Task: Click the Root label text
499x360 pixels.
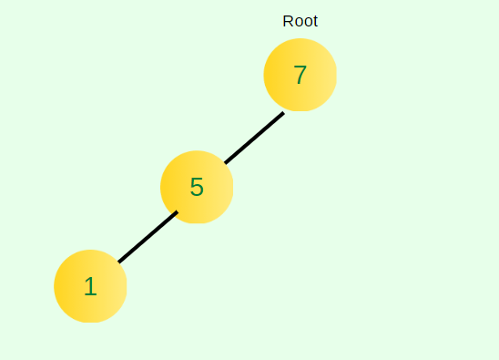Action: [300, 21]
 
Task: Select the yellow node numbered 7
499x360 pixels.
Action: [300, 75]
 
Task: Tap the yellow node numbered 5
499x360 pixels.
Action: [197, 187]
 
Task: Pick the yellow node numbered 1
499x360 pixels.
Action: [90, 286]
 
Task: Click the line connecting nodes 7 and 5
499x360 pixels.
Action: [254, 138]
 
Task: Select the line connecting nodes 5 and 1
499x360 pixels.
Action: [148, 237]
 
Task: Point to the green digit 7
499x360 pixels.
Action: [300, 75]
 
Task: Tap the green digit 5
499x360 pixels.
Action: [197, 187]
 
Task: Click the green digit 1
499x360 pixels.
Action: [90, 286]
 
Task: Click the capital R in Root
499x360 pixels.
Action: [288, 21]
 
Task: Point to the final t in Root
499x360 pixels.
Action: [315, 21]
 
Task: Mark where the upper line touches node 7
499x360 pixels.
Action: [283, 112]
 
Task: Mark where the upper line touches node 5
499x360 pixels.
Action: [225, 163]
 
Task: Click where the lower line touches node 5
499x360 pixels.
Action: [178, 211]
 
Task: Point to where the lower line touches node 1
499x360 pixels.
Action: [118, 262]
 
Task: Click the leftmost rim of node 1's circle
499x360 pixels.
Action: [55, 286]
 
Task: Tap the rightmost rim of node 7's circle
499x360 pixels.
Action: [336, 75]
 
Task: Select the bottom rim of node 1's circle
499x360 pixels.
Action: [90, 322]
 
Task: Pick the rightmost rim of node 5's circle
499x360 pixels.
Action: [233, 187]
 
